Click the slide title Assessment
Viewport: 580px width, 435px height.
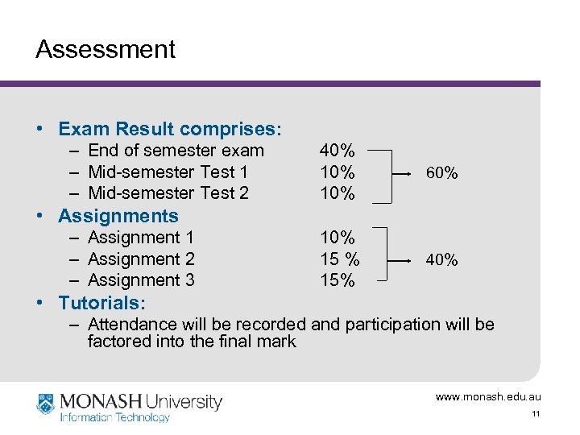(105, 50)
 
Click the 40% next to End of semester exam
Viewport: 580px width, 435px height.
(337, 151)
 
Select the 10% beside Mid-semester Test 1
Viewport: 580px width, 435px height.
(337, 172)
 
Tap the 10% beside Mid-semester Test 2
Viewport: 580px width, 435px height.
(337, 193)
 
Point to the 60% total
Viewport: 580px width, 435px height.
(441, 172)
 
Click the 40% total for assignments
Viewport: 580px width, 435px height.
(441, 259)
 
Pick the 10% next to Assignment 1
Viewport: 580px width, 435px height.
(337, 238)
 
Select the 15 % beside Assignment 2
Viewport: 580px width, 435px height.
(339, 259)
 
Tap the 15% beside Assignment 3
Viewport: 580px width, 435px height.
(337, 280)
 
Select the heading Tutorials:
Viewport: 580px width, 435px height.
(102, 303)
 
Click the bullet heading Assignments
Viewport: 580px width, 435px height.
(118, 216)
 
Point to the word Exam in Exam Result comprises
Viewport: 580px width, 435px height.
(85, 129)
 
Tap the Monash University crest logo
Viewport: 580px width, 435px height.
(46, 403)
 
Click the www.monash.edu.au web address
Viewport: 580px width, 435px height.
(488, 397)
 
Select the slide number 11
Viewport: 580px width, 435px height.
(535, 414)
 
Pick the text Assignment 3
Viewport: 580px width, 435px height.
(141, 280)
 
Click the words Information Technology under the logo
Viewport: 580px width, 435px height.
(115, 417)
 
